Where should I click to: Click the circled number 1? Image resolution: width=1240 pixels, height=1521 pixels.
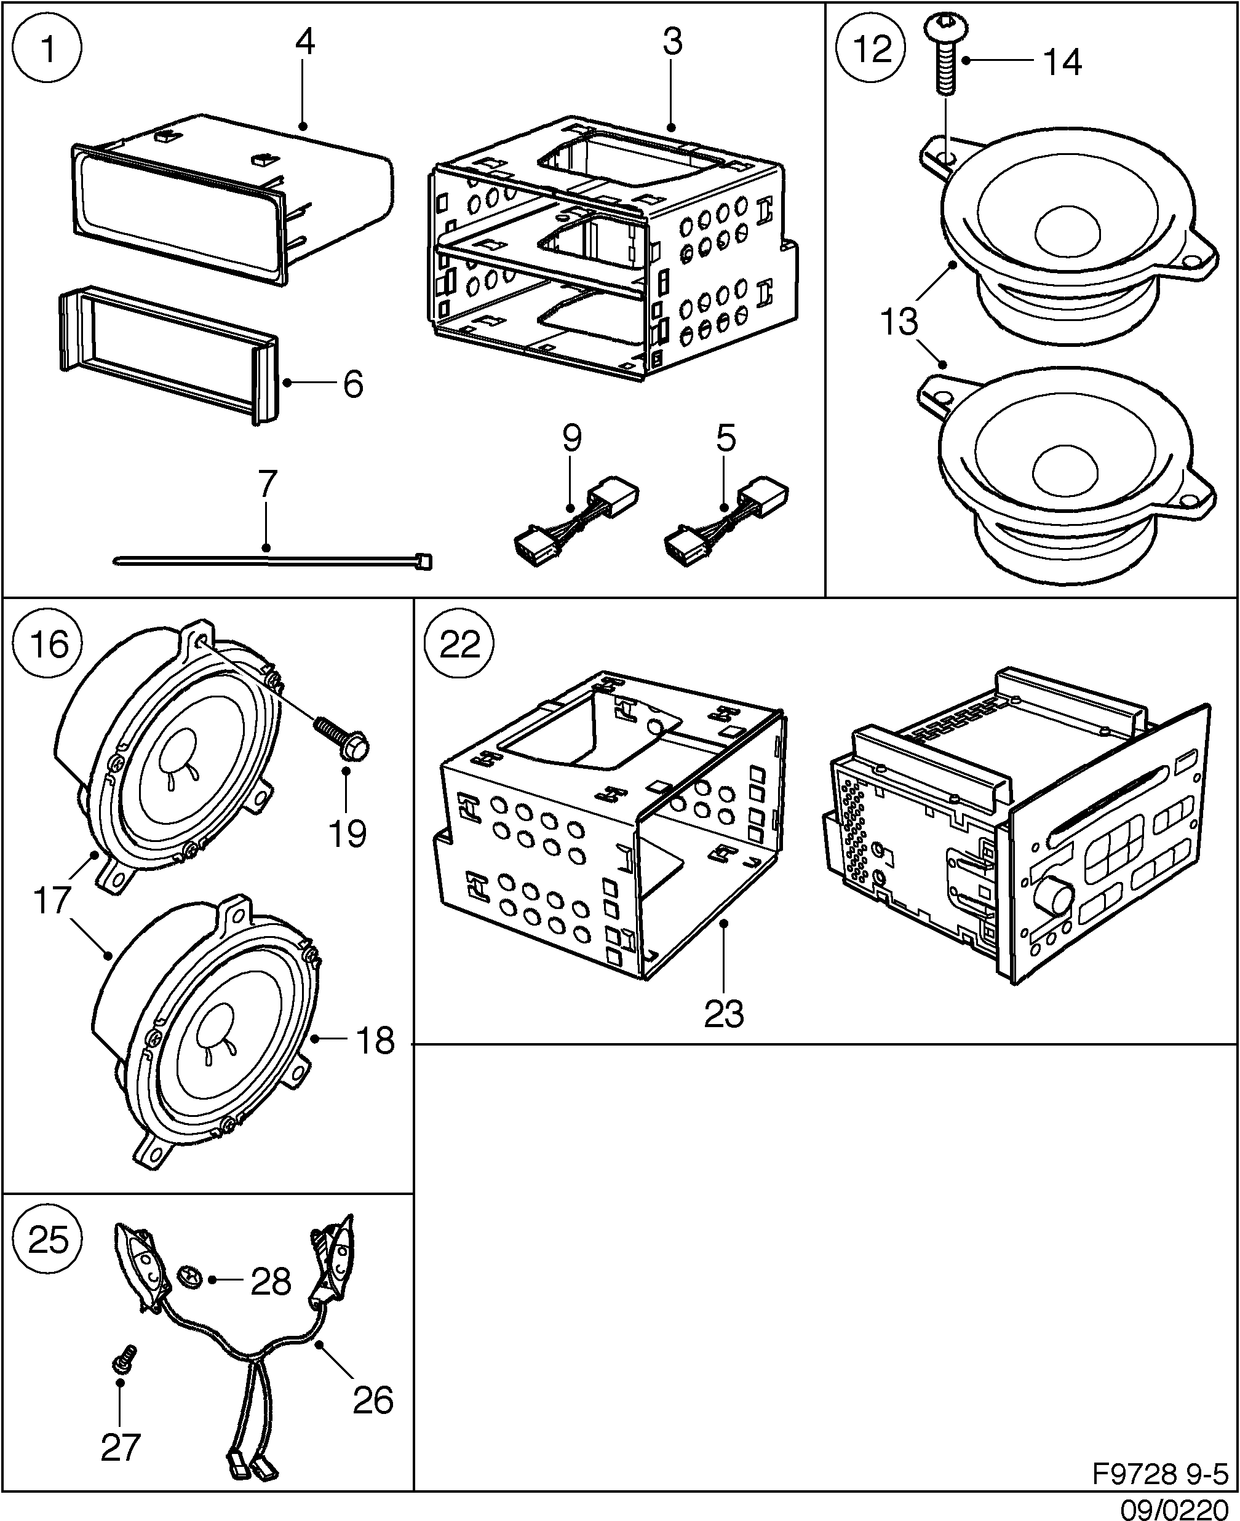click(x=48, y=49)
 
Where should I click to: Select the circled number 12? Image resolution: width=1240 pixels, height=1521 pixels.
click(x=872, y=49)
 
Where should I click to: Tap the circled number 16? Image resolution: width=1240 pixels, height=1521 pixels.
click(x=49, y=644)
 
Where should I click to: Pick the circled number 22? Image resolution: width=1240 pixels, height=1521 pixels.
click(x=459, y=644)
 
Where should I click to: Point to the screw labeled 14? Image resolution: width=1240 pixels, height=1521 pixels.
click(x=945, y=54)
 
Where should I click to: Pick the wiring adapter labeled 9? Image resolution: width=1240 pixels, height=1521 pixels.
click(x=575, y=522)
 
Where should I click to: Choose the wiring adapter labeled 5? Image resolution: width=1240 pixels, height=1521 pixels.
click(x=726, y=522)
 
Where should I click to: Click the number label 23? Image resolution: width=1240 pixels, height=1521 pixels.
click(x=723, y=1014)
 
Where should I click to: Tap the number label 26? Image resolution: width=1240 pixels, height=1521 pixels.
click(x=373, y=1400)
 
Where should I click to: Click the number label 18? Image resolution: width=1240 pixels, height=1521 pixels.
click(x=375, y=1041)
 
